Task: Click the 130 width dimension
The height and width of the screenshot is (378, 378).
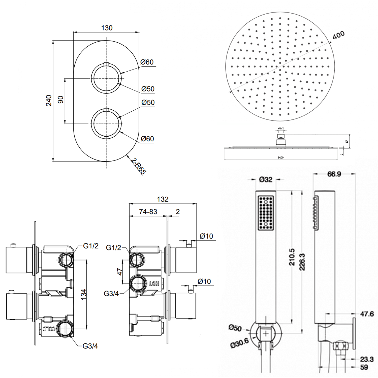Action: [x=107, y=28]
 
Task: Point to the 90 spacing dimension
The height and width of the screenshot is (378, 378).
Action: [x=61, y=100]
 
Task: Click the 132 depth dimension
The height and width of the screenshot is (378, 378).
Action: [x=163, y=199]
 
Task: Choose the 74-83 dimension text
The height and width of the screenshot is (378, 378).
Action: [x=148, y=211]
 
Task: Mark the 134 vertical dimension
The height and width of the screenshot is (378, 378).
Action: [x=84, y=294]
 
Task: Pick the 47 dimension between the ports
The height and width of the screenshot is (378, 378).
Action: [x=120, y=272]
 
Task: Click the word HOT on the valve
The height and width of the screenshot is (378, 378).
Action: [x=153, y=283]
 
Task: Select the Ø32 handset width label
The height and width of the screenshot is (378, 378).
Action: [x=266, y=179]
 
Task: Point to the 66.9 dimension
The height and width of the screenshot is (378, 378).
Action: [x=334, y=174]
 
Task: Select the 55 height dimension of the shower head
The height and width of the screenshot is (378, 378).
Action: [x=347, y=141]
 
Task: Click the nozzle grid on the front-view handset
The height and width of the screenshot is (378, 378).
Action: [x=266, y=213]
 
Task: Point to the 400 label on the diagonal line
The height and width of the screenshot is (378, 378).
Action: [x=338, y=35]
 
